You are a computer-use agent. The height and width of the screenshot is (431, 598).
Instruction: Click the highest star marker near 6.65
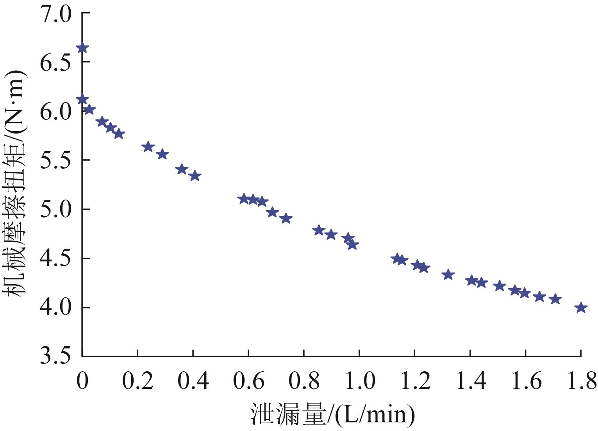coord(82,48)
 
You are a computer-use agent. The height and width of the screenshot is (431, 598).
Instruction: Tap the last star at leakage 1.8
coord(581,308)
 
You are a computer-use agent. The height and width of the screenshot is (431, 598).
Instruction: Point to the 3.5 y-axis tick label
coord(55,356)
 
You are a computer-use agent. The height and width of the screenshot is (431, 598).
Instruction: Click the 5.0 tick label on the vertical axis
coord(55,209)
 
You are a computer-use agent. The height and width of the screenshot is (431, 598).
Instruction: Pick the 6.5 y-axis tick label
coord(55,62)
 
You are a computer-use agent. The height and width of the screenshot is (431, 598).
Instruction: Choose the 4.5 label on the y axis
coord(55,258)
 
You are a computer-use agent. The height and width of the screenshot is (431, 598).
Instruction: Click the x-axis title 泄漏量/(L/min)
coord(332,414)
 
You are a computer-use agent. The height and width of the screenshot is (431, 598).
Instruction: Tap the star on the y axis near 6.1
coord(82,100)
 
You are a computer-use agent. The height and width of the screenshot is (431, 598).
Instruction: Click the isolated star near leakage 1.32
coord(448,274)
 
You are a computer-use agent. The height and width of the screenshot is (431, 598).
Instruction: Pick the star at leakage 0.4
coord(195,176)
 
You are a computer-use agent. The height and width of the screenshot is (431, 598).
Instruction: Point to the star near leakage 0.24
coord(148,147)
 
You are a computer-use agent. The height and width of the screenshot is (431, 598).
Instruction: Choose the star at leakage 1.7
coord(555,299)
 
